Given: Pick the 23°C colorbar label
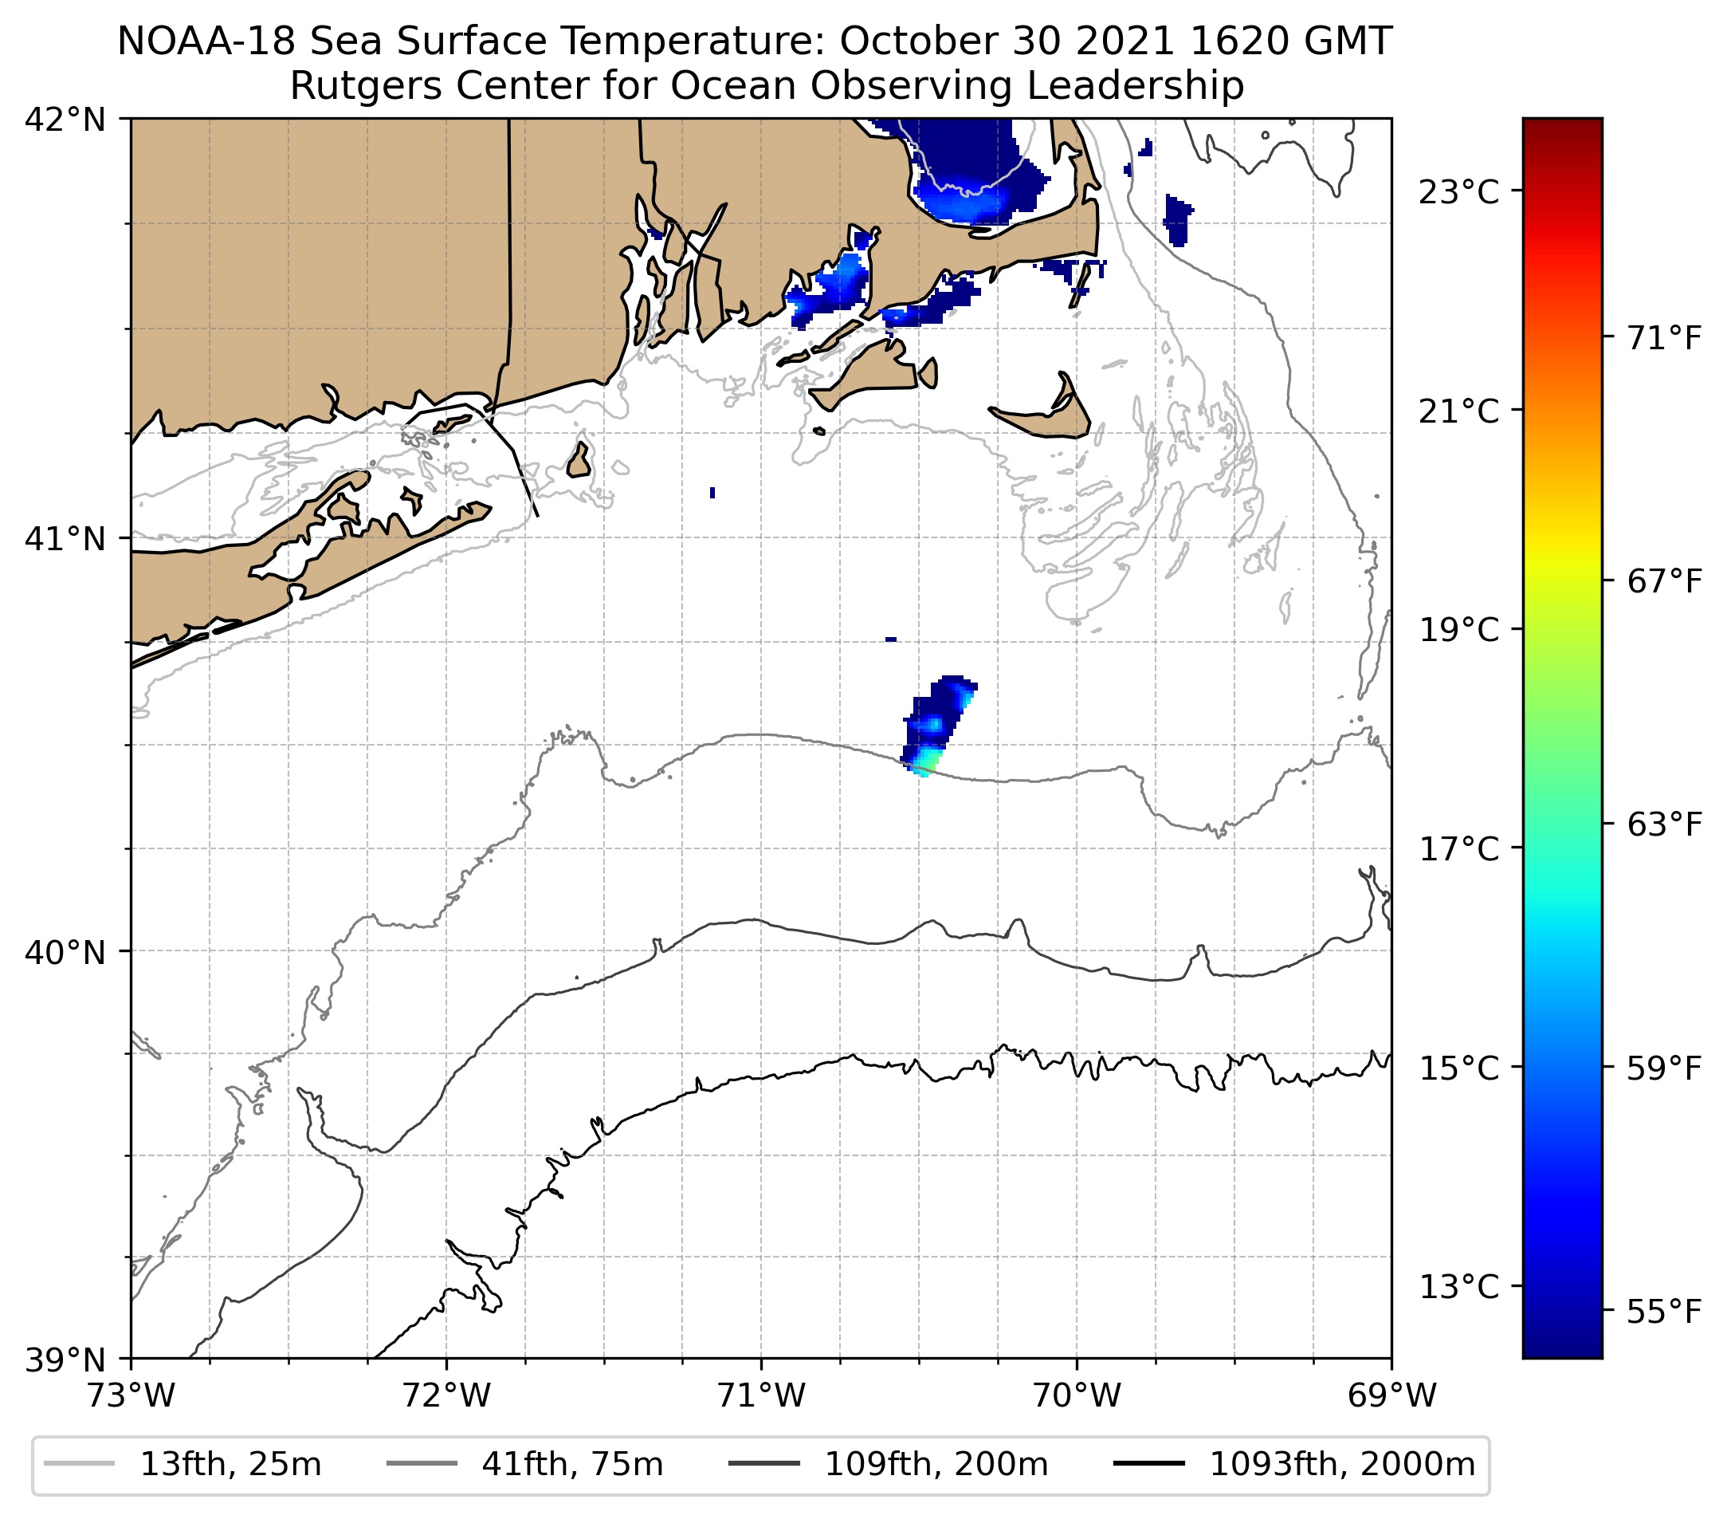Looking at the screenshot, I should pos(1458,193).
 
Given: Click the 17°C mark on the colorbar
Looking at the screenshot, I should pos(1458,848).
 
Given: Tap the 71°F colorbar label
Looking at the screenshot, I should pos(1663,339).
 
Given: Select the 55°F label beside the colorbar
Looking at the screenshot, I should pos(1663,1312).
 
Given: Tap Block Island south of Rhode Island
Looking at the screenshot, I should pos(579,461).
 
